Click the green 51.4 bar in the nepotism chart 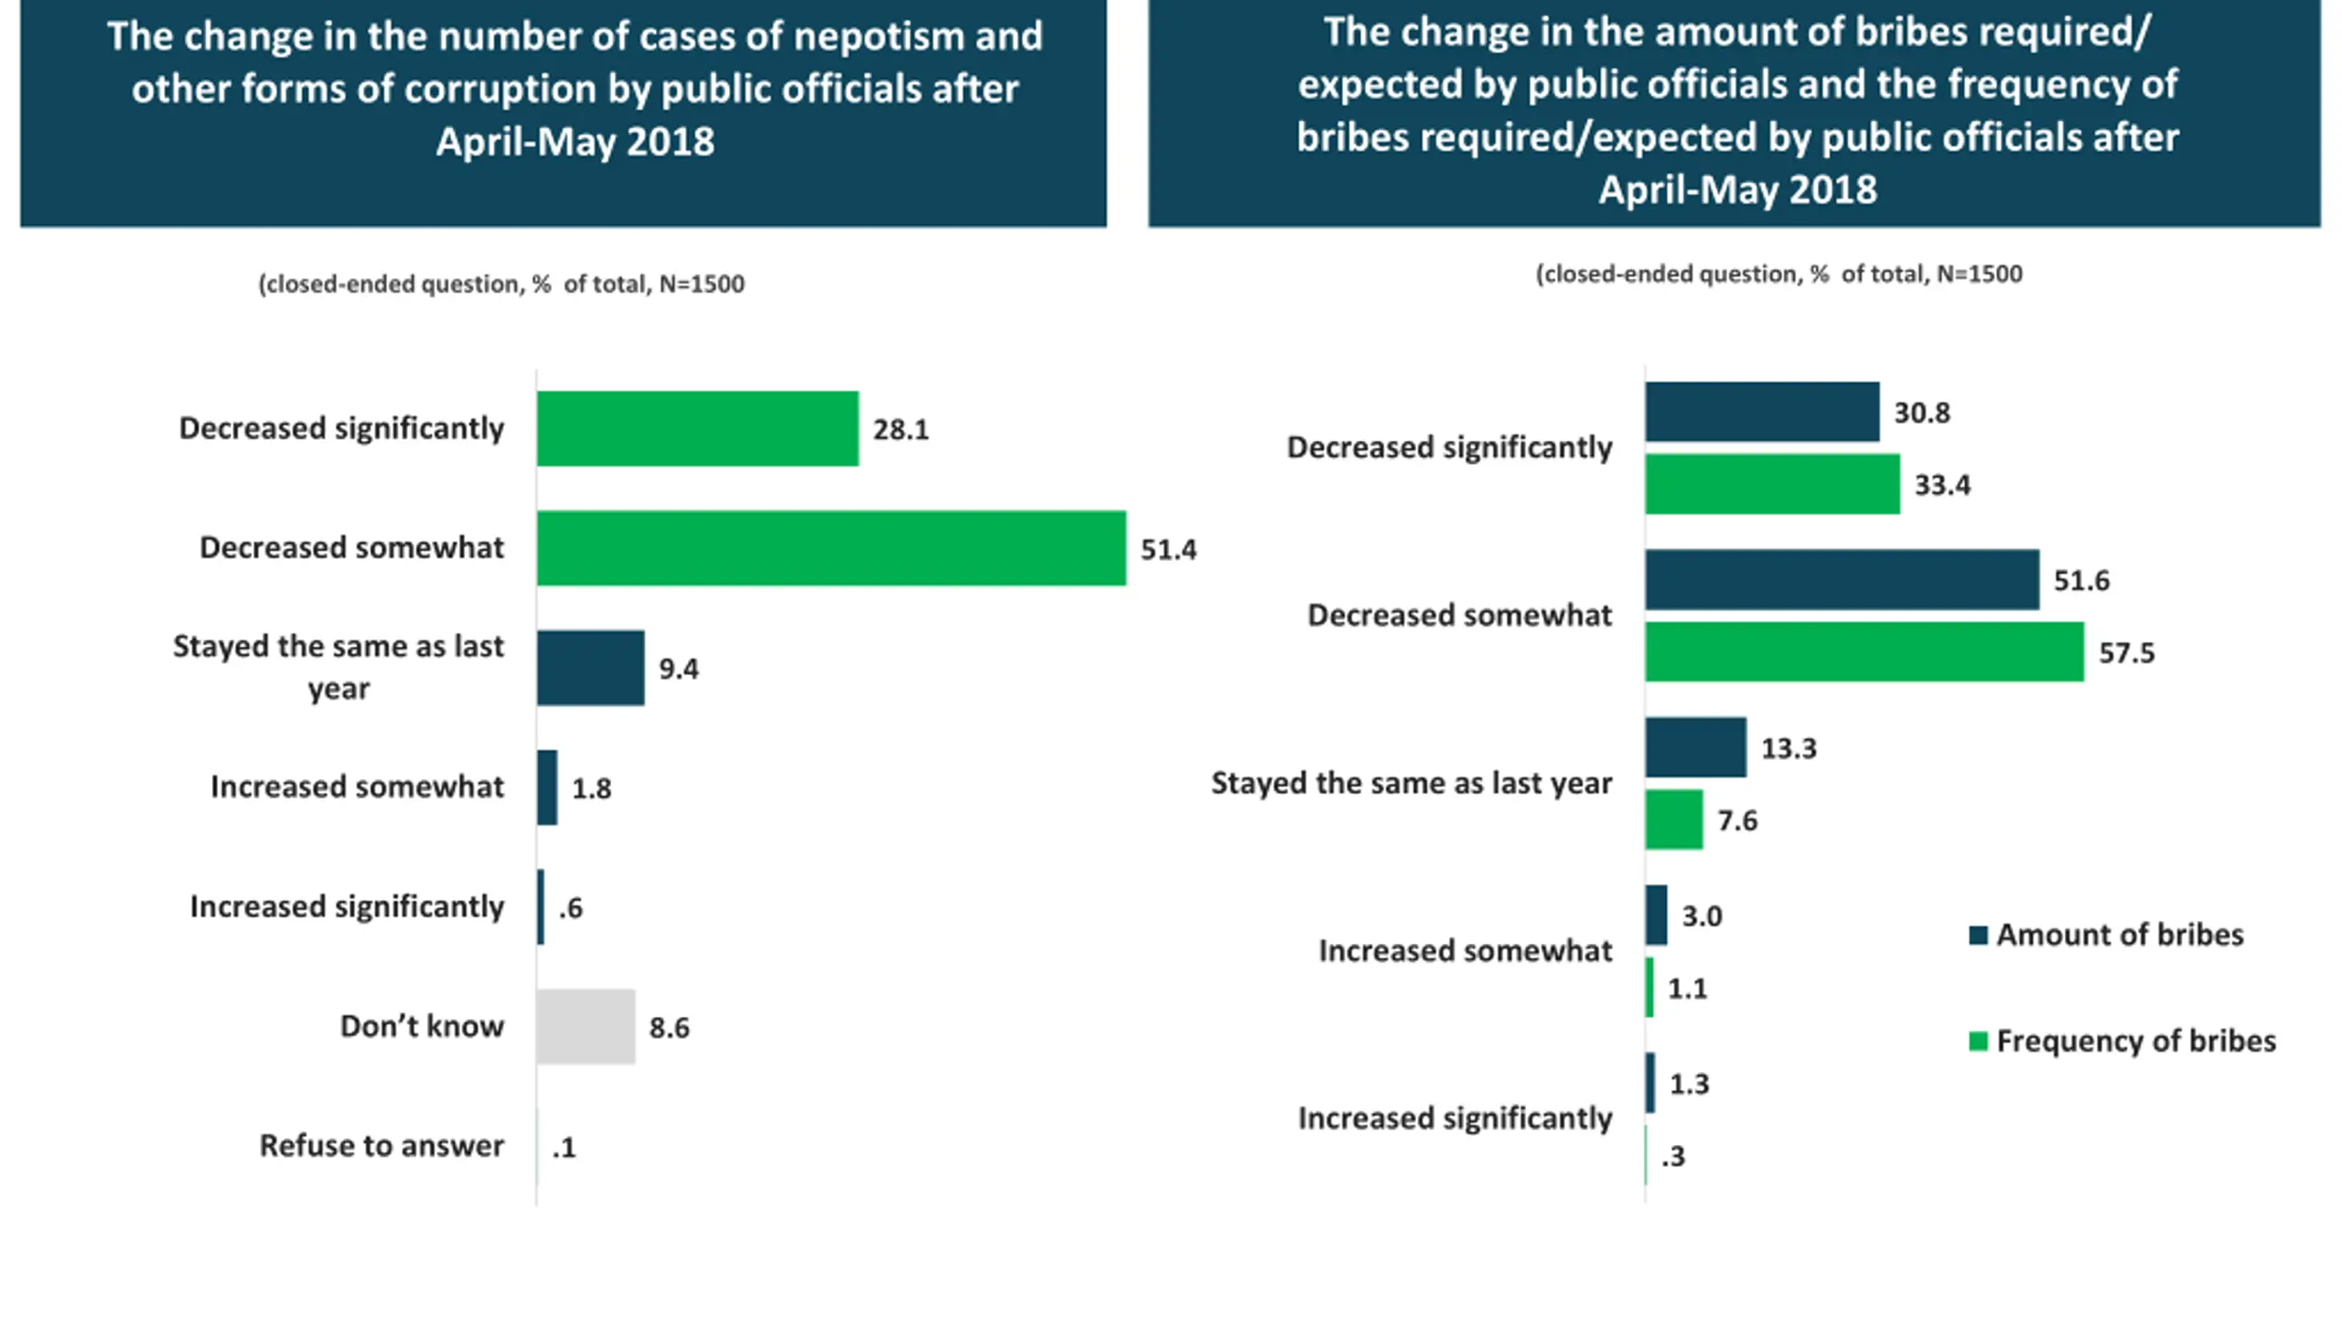click(831, 548)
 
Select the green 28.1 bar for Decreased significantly click(697, 429)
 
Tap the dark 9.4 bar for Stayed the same click(590, 668)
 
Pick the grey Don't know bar click(585, 1026)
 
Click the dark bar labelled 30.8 click(1762, 412)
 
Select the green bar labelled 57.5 click(1864, 652)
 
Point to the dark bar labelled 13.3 click(1695, 747)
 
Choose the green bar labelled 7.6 click(1674, 819)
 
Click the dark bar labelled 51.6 click(1842, 580)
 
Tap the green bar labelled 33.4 click(1772, 484)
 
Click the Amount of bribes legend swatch click(1978, 936)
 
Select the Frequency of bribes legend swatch click(1978, 1042)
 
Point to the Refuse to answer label click(381, 1146)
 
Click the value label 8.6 click(669, 1028)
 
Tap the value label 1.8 click(591, 788)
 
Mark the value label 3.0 click(1702, 916)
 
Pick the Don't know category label click(422, 1026)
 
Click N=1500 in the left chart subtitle click(702, 284)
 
